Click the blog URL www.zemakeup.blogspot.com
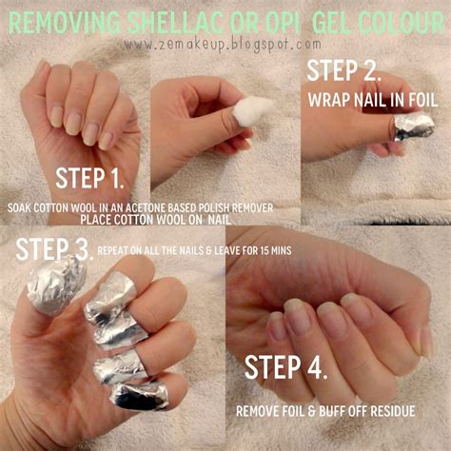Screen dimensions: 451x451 pyautogui.click(x=221, y=43)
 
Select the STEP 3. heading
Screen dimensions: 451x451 pyautogui.click(x=53, y=250)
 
